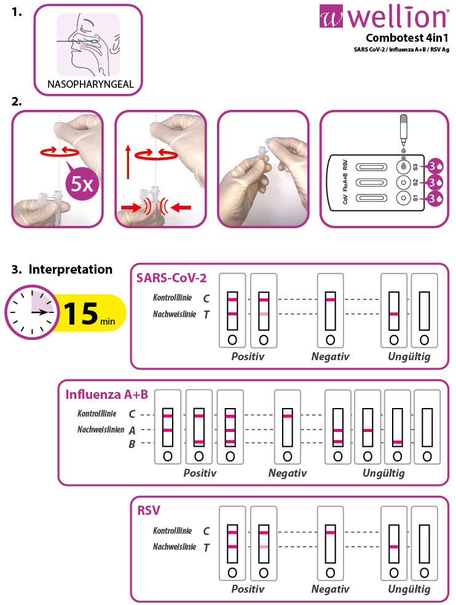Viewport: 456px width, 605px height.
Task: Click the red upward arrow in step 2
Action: (x=128, y=161)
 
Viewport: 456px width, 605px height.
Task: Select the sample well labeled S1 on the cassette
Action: (x=403, y=198)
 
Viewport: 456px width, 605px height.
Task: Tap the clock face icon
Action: (x=31, y=312)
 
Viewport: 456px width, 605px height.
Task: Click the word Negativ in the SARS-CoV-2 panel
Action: (x=330, y=356)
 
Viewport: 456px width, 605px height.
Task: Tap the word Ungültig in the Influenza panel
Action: (x=383, y=473)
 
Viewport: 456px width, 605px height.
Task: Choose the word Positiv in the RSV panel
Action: (x=248, y=589)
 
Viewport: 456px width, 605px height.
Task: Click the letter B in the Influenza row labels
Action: (x=132, y=444)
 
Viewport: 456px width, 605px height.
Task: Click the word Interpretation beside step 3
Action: (x=70, y=269)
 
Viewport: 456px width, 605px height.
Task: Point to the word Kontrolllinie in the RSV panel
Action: (x=172, y=531)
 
